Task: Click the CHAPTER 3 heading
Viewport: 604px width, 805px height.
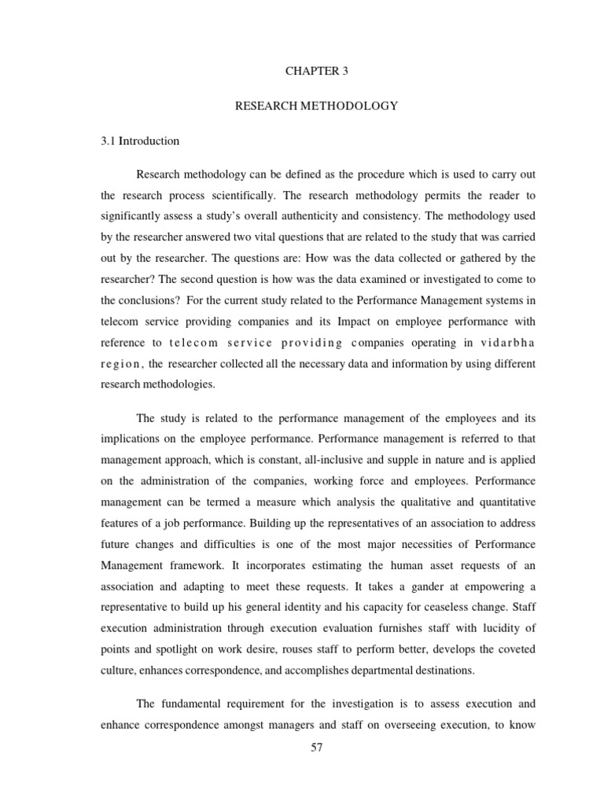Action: [x=315, y=71]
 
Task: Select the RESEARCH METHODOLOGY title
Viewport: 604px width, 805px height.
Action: [x=315, y=106]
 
